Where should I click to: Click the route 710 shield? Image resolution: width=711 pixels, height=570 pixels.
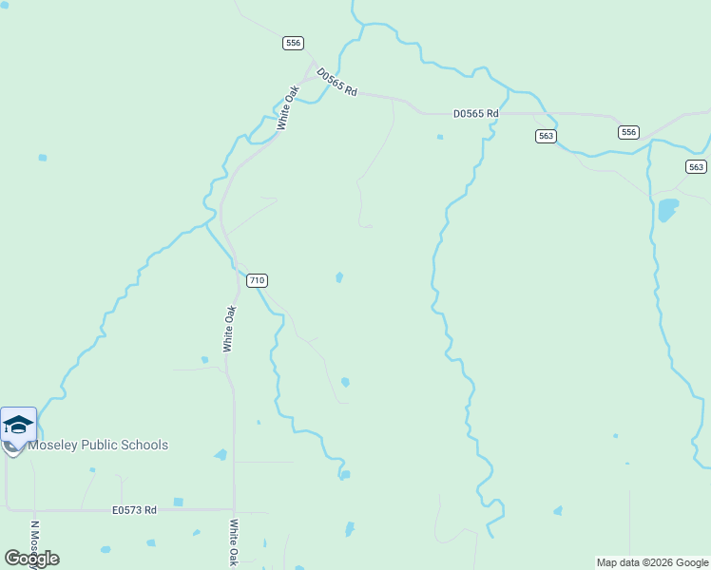click(257, 280)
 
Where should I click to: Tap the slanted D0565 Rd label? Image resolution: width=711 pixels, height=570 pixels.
click(336, 82)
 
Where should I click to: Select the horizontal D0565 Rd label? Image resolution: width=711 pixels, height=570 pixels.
click(475, 114)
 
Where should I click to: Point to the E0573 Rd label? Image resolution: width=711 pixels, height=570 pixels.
click(133, 510)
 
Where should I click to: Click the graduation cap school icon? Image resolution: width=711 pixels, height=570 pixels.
click(18, 425)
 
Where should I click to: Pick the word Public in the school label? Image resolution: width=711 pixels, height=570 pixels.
click(100, 445)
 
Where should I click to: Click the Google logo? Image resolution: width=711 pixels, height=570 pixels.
click(31, 558)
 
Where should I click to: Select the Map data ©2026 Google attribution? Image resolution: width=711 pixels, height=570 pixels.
click(652, 562)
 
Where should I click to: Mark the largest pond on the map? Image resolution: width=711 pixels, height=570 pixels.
click(668, 208)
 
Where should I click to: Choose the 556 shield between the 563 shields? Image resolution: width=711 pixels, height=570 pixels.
click(628, 132)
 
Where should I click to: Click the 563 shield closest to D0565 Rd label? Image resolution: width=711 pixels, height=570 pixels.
click(546, 136)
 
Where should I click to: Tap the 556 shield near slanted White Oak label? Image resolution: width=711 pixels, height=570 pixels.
click(293, 43)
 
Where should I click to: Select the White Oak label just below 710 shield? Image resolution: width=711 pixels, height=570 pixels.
click(229, 329)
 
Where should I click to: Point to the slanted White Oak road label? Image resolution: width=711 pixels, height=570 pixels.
click(288, 107)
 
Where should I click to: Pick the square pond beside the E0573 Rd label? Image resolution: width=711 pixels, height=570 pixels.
click(178, 502)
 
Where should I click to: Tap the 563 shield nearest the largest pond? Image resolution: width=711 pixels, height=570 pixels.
click(696, 166)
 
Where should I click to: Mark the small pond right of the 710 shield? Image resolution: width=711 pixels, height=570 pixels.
click(339, 277)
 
